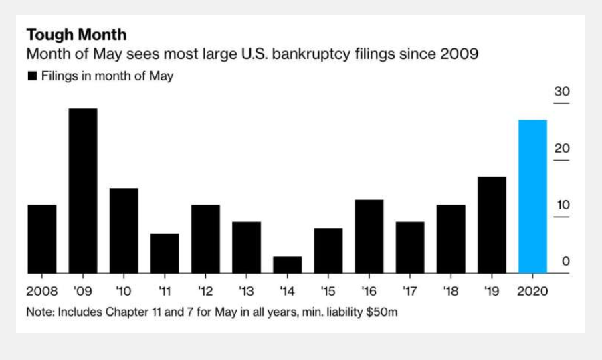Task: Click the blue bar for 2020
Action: point(532,197)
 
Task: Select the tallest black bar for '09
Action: point(83,191)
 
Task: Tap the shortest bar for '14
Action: point(287,265)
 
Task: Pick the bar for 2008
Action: point(42,239)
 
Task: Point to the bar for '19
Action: point(492,225)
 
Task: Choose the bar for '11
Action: point(165,253)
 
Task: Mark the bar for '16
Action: point(369,236)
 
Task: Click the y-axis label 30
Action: point(562,92)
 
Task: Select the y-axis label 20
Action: point(562,149)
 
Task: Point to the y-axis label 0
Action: point(565,262)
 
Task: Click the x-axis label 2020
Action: point(533,292)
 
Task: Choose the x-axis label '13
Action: point(246,292)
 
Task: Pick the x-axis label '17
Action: point(409,292)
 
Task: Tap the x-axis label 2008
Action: point(41,292)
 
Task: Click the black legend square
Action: point(32,76)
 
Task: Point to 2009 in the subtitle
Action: point(459,54)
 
